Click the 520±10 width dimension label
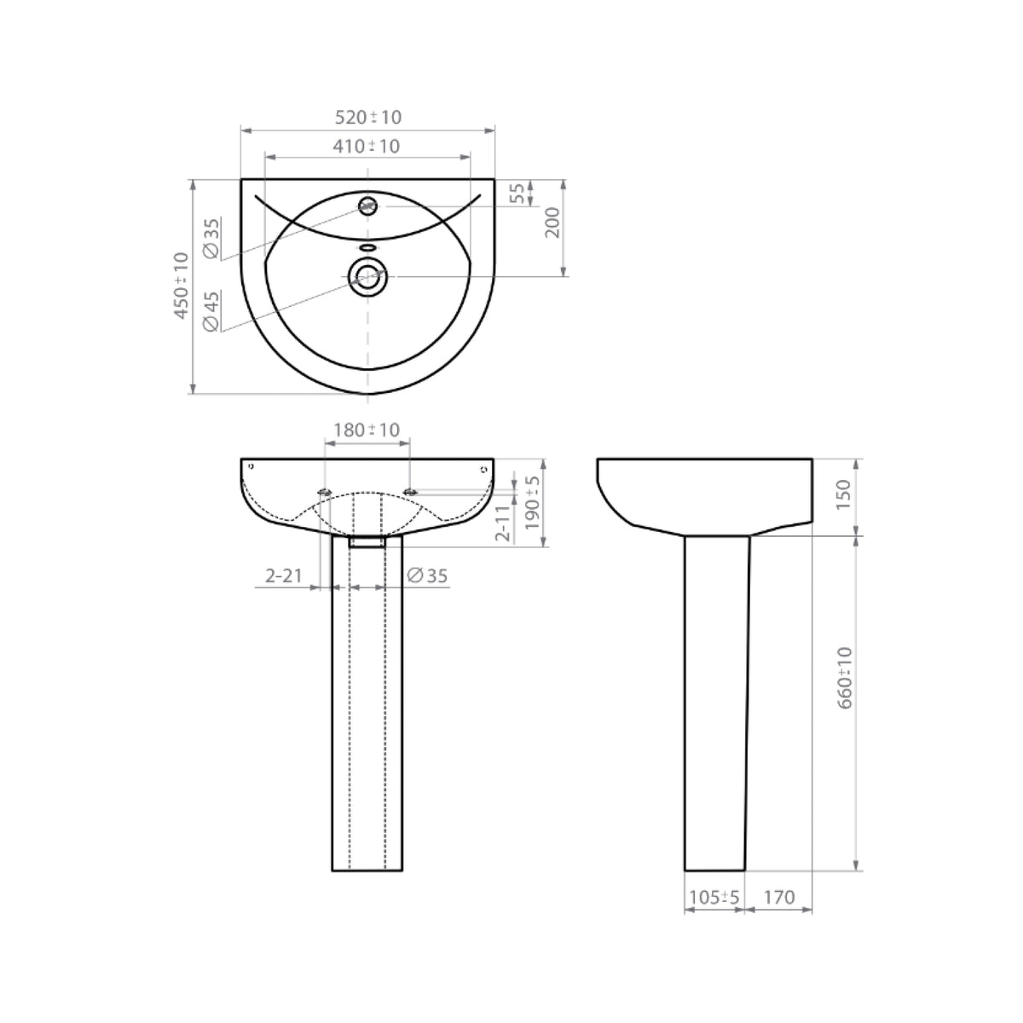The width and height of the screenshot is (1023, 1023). pos(367,117)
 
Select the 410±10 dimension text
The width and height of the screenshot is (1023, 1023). pos(367,146)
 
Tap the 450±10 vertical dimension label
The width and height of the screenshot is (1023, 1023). pos(180,286)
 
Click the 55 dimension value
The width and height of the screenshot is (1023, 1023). pos(517,193)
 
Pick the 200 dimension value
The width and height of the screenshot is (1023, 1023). pos(552,223)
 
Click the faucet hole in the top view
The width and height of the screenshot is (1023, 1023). pos(367,205)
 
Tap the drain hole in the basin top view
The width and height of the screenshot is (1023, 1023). pos(367,276)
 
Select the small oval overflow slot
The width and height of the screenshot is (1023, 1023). pos(367,248)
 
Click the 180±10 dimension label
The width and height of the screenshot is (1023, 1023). pos(367,430)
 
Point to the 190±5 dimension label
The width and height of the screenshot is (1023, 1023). pos(533,503)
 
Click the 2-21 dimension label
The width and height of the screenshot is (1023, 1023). pos(284,576)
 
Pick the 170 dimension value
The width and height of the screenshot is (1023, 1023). pos(779,897)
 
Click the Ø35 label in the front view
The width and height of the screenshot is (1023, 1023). pos(427,576)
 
